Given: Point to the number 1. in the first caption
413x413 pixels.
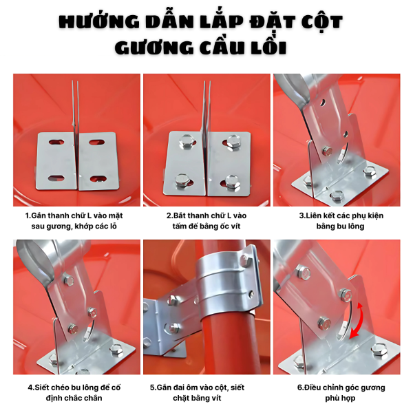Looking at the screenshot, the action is coord(28,215).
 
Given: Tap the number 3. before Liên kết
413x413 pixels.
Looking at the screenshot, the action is coord(303,215).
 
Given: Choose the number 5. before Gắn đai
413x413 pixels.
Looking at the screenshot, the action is coord(153,388).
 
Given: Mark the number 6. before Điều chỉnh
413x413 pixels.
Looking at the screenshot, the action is coord(301,388).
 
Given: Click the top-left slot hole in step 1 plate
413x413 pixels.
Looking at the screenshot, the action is coord(56,142).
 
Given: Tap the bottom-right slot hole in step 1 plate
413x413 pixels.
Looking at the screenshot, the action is coord(98,180).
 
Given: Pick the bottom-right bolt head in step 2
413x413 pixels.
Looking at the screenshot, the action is coord(233,182).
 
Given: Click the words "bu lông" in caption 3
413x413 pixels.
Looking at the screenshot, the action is coord(352,226).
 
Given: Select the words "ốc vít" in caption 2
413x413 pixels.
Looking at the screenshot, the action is coord(230,226).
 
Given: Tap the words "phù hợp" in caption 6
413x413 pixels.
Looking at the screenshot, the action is coord(340,399).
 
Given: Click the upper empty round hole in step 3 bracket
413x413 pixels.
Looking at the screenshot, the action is coord(323,102).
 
